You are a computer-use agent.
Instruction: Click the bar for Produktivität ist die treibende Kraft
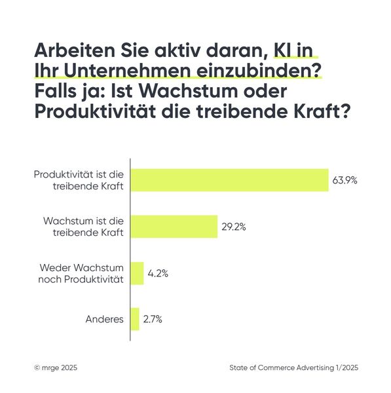click(229, 180)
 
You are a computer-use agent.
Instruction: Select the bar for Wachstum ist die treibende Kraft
click(174, 227)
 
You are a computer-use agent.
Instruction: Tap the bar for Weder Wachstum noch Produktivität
click(137, 273)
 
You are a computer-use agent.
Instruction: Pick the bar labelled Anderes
click(135, 319)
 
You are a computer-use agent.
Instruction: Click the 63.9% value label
click(344, 180)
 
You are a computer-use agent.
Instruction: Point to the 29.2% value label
click(233, 227)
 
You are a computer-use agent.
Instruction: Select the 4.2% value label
click(158, 274)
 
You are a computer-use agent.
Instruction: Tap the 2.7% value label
click(153, 320)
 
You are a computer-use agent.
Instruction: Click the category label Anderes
click(105, 320)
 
